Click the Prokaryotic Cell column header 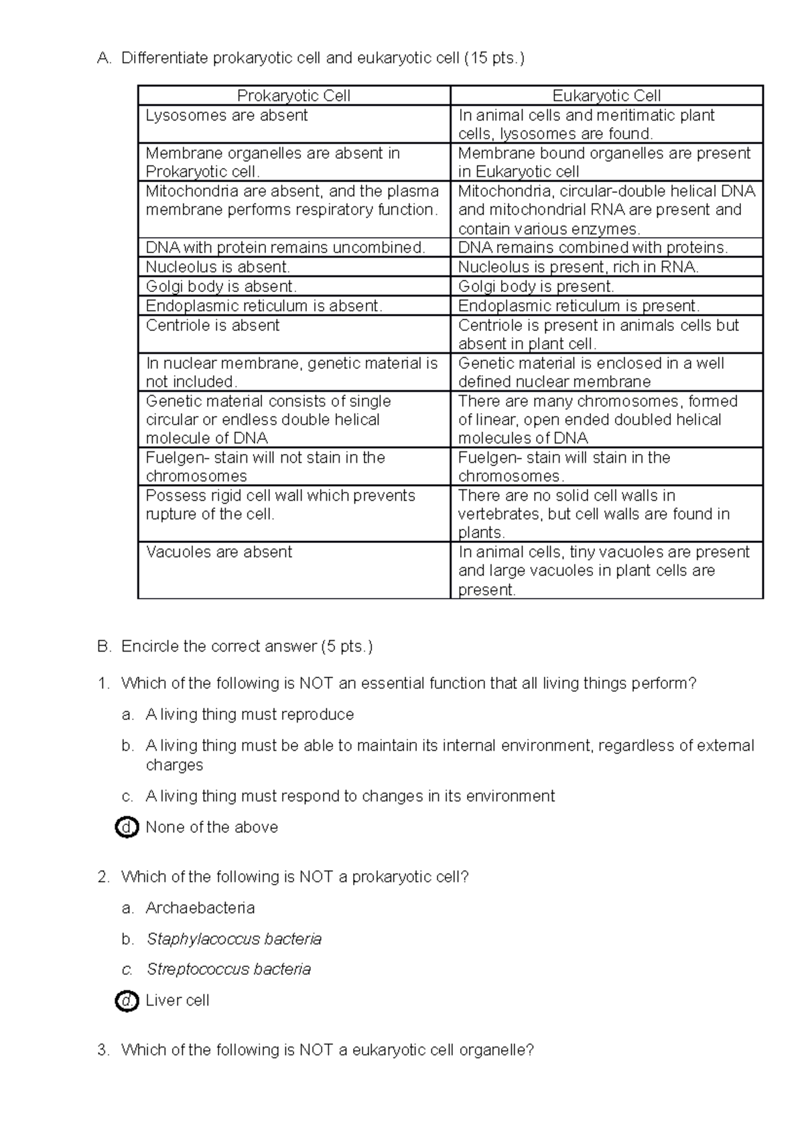coord(293,96)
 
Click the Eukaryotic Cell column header coord(606,96)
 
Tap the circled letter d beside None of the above coord(127,828)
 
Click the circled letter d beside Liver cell coord(127,1001)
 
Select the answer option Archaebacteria coord(200,908)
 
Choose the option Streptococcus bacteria coord(228,970)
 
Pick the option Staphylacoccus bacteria coord(234,939)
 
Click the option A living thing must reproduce coord(249,714)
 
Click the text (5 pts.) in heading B coord(346,647)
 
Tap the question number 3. coord(103,1050)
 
